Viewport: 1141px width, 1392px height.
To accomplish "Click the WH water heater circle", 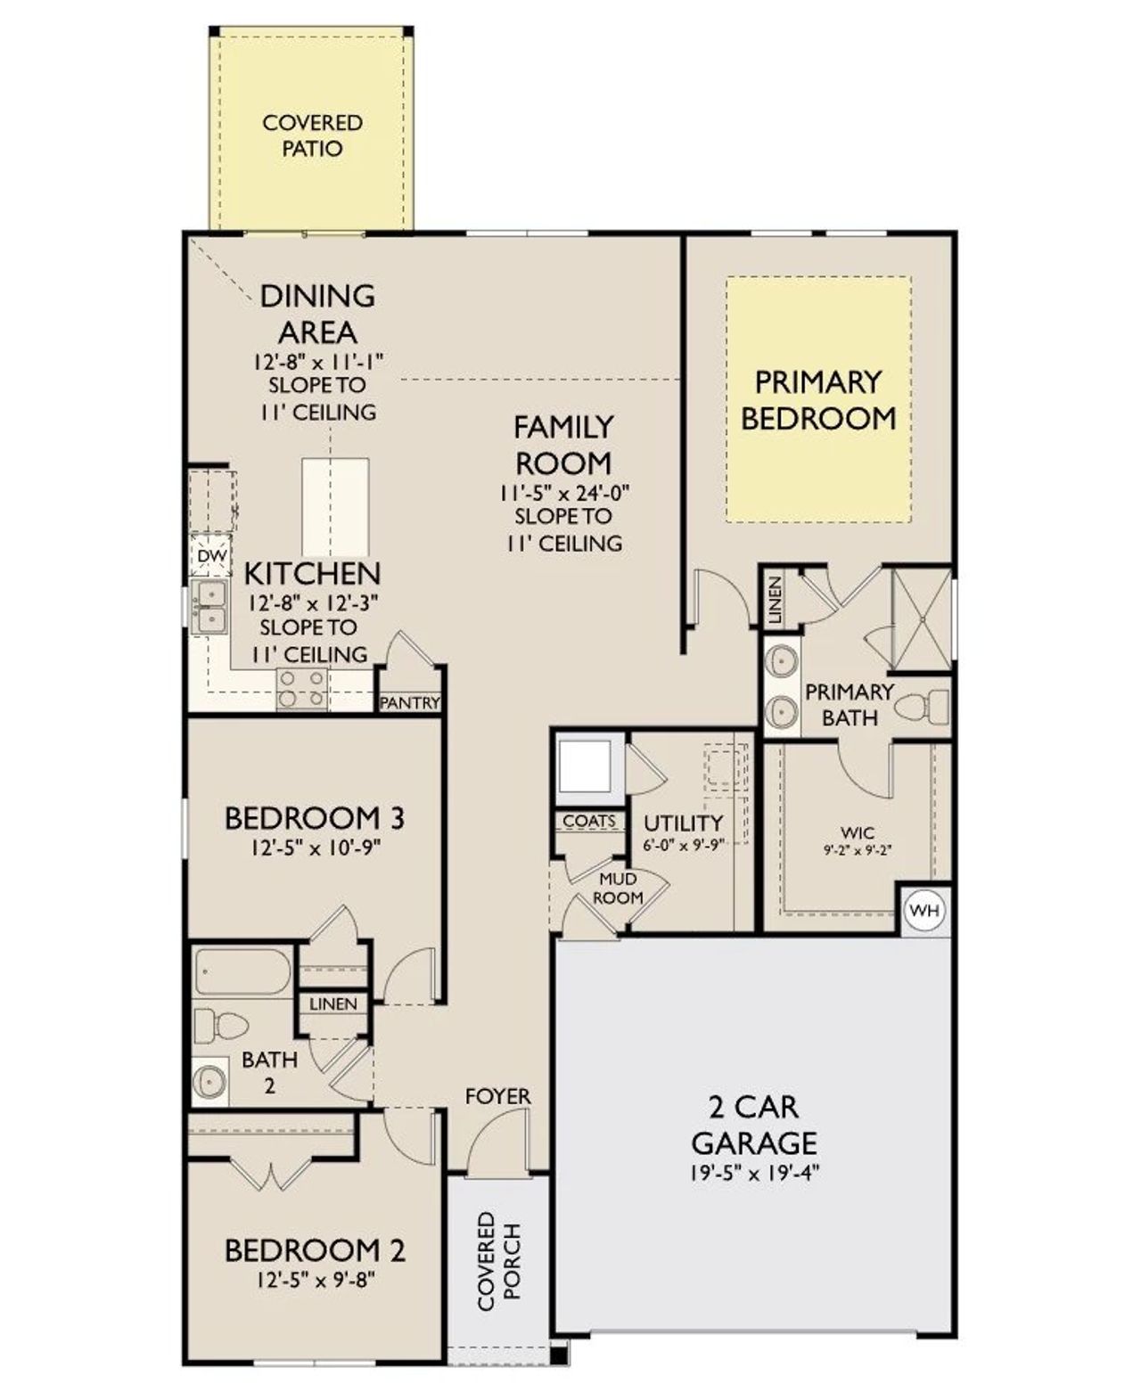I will coord(924,910).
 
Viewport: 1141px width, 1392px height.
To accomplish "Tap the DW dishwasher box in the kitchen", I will coord(212,556).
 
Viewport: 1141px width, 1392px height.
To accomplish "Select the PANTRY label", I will coord(410,702).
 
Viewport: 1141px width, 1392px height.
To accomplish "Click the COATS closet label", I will coord(589,821).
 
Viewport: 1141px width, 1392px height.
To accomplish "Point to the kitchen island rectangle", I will coord(335,507).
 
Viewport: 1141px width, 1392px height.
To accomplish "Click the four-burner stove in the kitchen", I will coord(301,688).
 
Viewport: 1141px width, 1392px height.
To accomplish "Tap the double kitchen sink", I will coord(211,607).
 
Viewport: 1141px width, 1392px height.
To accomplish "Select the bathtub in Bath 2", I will coord(242,971).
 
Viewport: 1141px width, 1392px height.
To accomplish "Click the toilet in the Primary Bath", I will coord(924,708).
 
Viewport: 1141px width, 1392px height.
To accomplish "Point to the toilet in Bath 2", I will coord(218,1026).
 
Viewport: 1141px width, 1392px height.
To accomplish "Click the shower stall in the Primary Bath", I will coord(922,618).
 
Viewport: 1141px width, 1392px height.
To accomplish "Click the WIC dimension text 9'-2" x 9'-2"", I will coord(858,850).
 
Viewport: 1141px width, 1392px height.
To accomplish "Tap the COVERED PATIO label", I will coord(312,135).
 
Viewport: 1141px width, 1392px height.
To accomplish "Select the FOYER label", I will coord(497,1096).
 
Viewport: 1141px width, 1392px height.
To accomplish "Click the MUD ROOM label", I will coord(618,888).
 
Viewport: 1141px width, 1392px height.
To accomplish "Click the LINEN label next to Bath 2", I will coord(333,1003).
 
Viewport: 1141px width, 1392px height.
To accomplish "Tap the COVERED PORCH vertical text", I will coord(498,1260).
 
